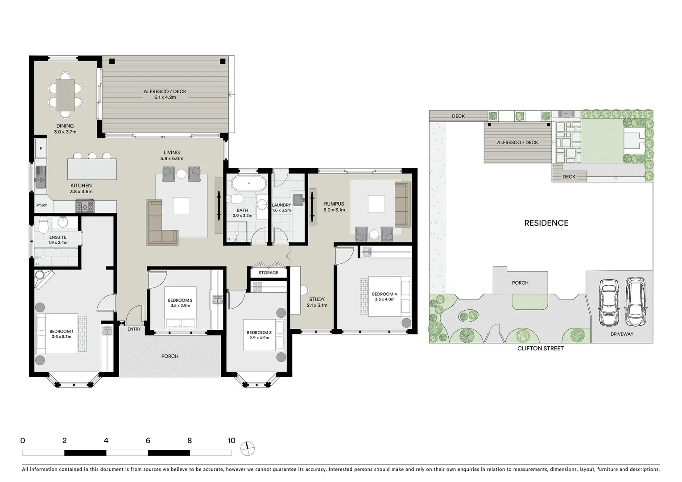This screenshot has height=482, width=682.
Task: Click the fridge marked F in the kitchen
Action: click(x=41, y=149)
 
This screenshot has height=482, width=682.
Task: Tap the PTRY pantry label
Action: click(x=42, y=206)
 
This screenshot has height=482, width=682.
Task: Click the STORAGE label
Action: click(x=268, y=273)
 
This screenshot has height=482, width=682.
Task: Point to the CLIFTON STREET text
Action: click(x=540, y=349)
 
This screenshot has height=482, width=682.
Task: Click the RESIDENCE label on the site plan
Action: click(x=546, y=223)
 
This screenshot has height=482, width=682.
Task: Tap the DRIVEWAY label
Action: click(x=622, y=334)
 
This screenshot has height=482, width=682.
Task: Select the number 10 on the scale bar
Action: click(x=231, y=441)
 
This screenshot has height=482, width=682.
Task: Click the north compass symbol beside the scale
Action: click(x=247, y=448)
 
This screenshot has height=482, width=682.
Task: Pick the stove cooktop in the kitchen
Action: click(x=85, y=206)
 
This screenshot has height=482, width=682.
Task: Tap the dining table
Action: click(x=65, y=95)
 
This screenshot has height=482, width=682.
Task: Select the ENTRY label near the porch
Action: click(x=134, y=329)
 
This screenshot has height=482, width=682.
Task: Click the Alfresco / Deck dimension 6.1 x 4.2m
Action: click(x=165, y=97)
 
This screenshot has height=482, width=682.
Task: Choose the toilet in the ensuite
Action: click(x=43, y=226)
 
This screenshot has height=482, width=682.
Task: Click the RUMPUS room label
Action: click(x=334, y=204)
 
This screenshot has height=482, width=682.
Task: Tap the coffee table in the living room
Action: click(x=181, y=206)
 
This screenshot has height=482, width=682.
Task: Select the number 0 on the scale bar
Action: click(x=23, y=441)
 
